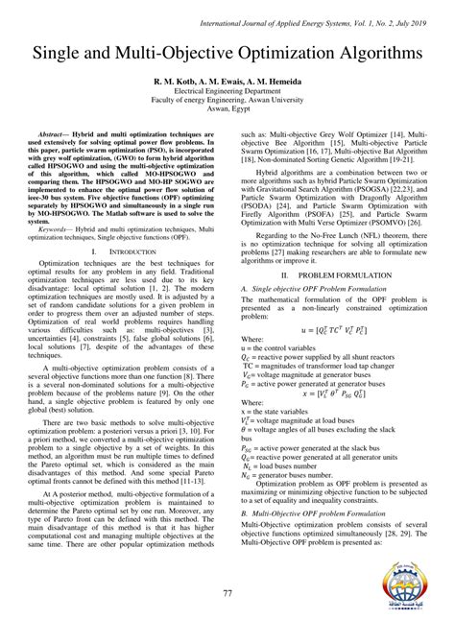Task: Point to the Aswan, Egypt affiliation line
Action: click(227, 111)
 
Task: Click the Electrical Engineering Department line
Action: click(227, 92)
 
